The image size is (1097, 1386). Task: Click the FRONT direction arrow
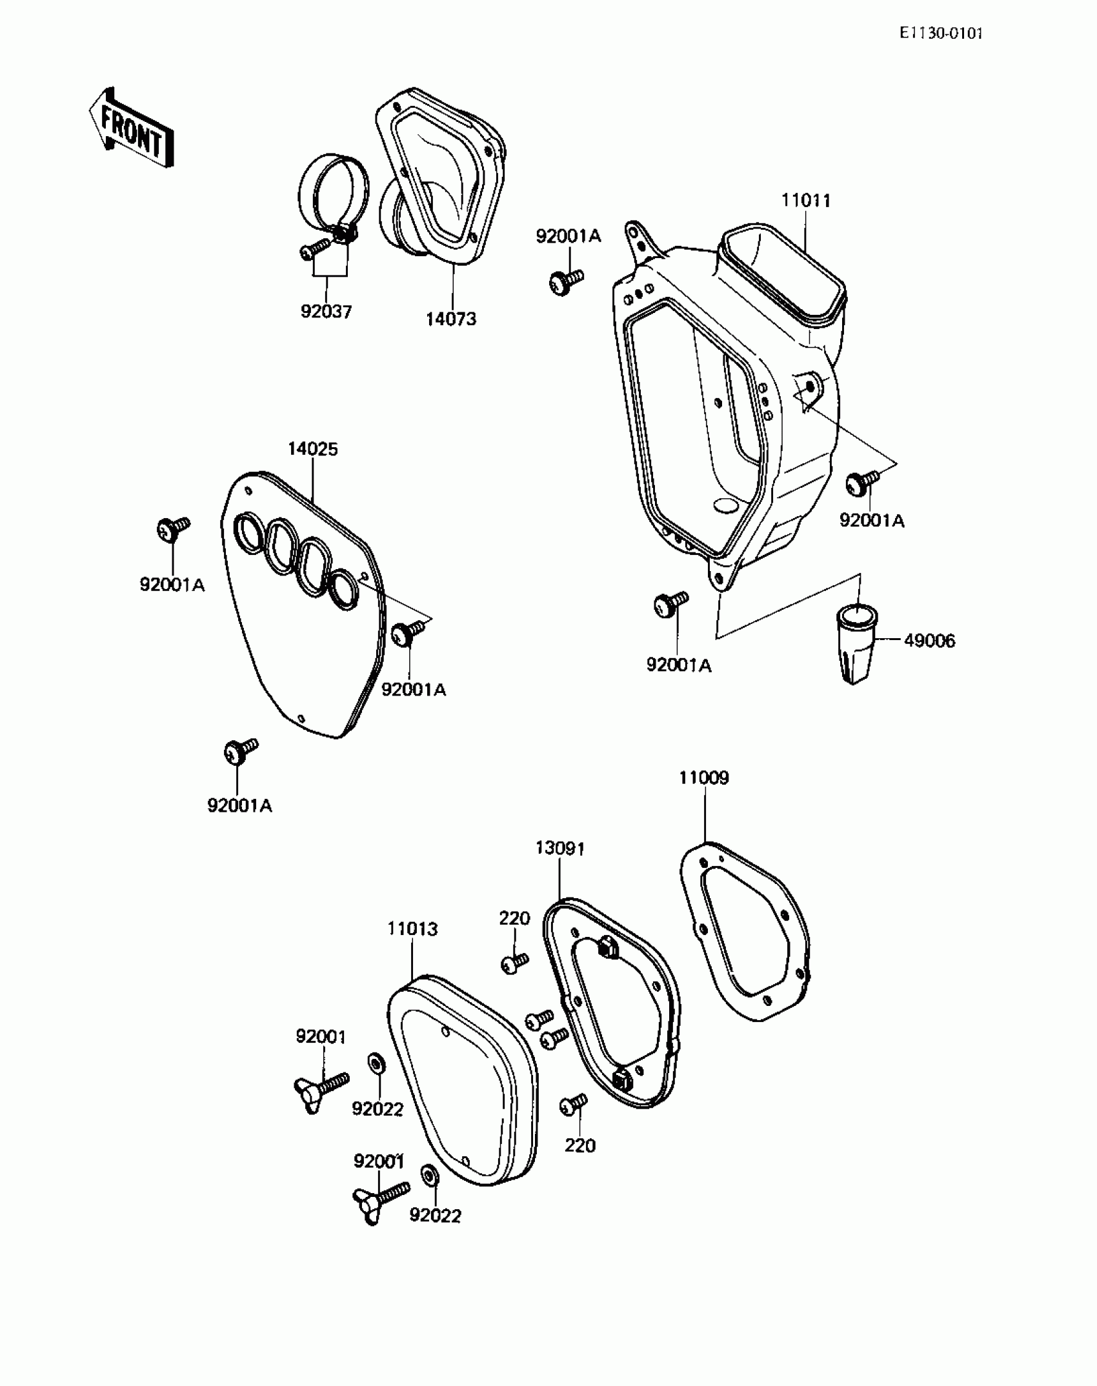(x=131, y=128)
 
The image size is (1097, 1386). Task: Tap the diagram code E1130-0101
(x=941, y=33)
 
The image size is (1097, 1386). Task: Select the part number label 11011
(x=806, y=201)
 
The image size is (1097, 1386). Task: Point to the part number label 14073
(x=451, y=319)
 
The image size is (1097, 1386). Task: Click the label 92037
(x=327, y=312)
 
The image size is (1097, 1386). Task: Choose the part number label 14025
(x=312, y=449)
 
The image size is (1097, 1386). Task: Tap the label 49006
(x=929, y=641)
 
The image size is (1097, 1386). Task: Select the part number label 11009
(x=704, y=778)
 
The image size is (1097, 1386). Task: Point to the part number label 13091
(x=559, y=848)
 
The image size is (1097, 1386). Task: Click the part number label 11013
(x=412, y=929)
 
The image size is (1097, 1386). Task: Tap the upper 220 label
(x=514, y=918)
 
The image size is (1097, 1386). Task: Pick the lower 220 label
(x=579, y=1145)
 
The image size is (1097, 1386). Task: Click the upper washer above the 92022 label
(x=374, y=1062)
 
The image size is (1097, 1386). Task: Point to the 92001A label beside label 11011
(x=568, y=237)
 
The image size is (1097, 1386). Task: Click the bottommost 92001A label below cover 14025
(x=239, y=806)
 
